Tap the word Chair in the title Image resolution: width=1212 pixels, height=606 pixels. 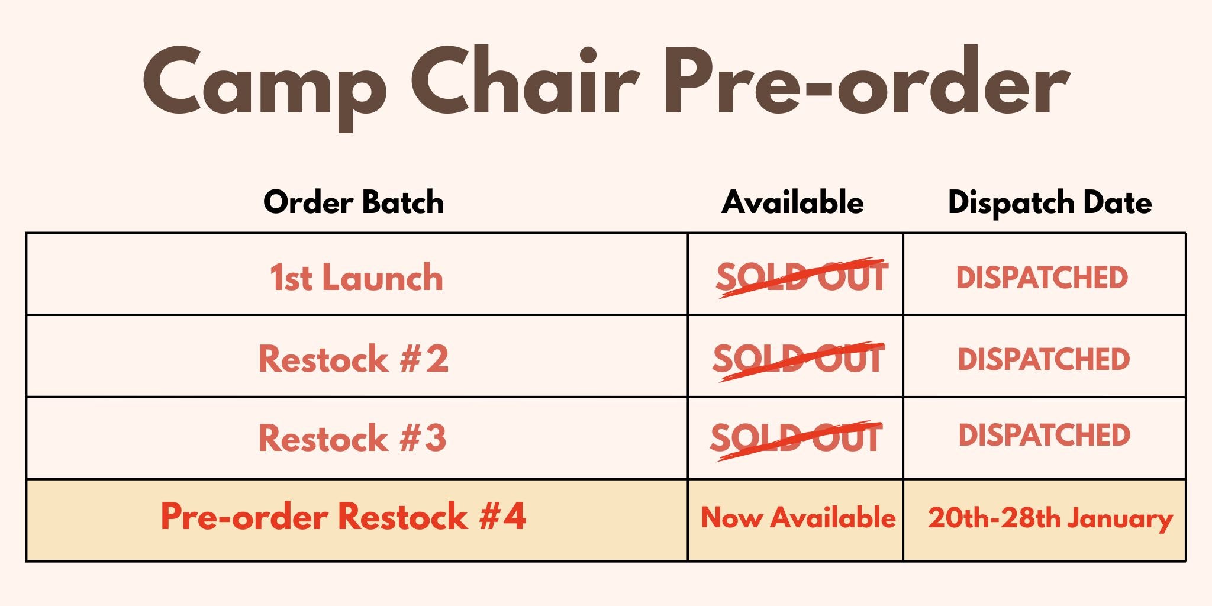point(525,79)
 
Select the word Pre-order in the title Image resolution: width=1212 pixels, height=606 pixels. point(866,80)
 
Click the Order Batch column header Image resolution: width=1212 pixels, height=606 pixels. point(354,202)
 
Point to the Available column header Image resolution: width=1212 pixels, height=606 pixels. point(792,202)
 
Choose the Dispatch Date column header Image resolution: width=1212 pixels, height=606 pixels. point(1050,203)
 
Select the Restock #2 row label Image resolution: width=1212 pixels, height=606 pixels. point(354,359)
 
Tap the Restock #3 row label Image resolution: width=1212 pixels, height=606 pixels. point(353,438)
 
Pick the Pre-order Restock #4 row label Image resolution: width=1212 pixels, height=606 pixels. point(343,516)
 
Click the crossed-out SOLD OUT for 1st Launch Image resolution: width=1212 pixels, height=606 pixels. point(802,277)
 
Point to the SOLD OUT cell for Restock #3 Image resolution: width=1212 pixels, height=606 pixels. point(797,439)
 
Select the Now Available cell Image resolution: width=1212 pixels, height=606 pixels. point(798,517)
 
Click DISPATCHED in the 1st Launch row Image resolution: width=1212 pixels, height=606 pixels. point(1042,278)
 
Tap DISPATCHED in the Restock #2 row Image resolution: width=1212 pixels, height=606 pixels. point(1044,359)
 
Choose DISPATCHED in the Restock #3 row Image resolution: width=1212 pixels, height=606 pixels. point(1045,435)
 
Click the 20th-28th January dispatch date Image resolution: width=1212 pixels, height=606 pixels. point(1050,518)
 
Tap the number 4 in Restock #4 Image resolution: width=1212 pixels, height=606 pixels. point(514,516)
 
